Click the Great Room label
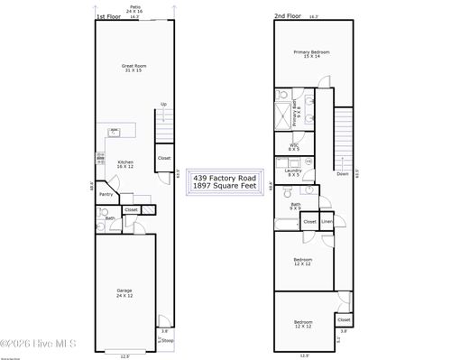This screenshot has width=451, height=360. (134, 68)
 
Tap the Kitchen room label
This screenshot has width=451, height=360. (125, 164)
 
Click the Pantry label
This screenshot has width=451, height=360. (106, 193)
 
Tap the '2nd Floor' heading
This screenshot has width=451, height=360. (287, 16)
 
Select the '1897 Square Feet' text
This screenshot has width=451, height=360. (225, 186)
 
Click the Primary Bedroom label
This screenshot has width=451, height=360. (311, 53)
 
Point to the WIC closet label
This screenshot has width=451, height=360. (294, 145)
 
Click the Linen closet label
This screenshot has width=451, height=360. (327, 221)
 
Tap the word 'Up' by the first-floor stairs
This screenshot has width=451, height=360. (163, 104)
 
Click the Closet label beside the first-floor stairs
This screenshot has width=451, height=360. (164, 159)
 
